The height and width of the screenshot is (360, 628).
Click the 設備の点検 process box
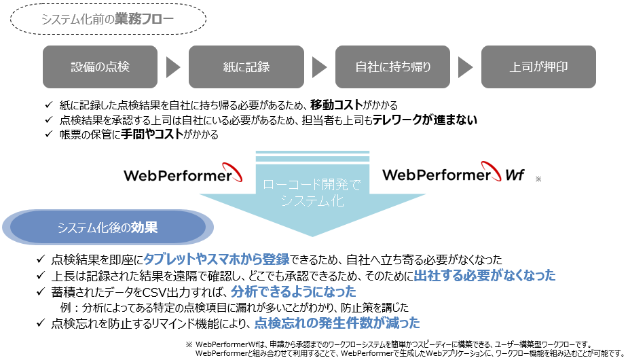(100, 67)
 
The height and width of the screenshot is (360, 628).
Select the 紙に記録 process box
(246, 67)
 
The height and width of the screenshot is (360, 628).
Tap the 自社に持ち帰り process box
(392, 67)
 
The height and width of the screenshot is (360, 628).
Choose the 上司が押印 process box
(538, 67)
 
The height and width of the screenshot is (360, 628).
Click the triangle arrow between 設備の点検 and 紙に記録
(173, 67)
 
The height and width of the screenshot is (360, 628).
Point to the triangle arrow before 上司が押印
(465, 67)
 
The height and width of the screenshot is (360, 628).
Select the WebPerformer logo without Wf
(183, 175)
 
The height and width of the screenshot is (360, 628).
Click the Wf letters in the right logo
(514, 175)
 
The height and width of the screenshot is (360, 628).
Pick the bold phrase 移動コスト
(335, 105)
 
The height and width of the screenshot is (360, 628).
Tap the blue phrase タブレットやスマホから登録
(217, 259)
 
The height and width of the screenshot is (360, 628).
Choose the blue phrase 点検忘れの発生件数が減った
(337, 323)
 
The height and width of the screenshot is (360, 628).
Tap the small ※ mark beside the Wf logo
(538, 179)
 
